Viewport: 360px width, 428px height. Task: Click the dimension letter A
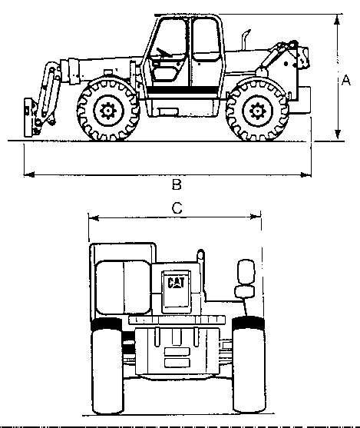tap(346, 81)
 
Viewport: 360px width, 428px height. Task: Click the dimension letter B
tap(177, 184)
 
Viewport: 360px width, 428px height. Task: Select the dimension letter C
tap(177, 208)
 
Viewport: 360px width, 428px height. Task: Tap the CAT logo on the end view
tap(176, 283)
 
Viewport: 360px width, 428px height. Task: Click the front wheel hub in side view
tap(108, 111)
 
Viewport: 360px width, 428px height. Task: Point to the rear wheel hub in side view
tap(257, 111)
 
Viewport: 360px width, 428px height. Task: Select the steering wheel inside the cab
tap(163, 53)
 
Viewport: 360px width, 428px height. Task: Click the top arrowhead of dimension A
tap(338, 20)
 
